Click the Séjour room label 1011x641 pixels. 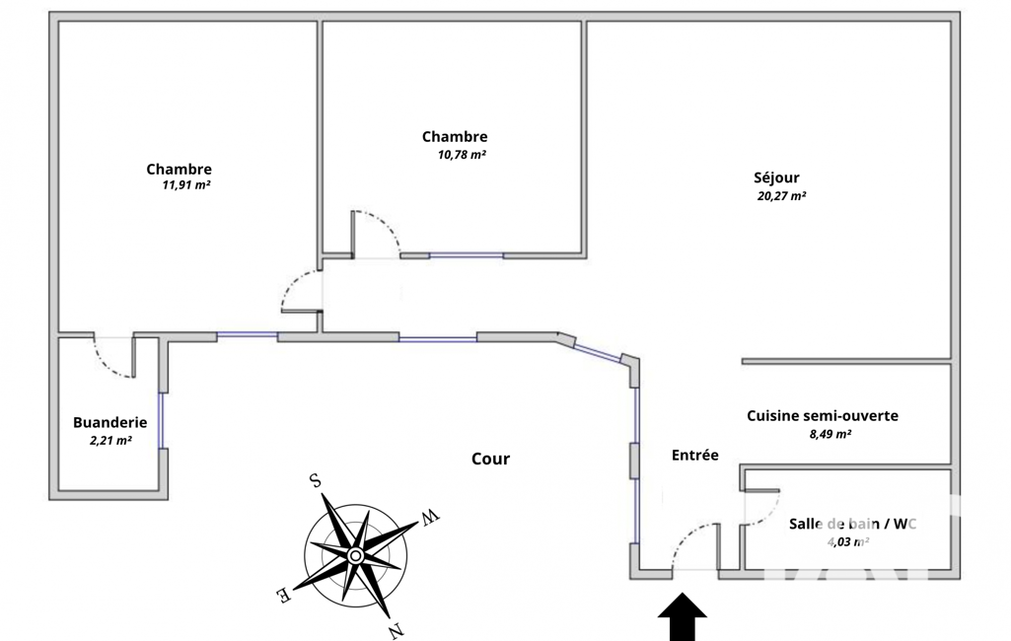[776, 178]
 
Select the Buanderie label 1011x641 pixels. [109, 422]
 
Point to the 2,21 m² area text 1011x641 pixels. [110, 441]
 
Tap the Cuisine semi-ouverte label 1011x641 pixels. [823, 416]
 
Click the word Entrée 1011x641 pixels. [694, 456]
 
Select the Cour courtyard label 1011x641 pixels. [490, 459]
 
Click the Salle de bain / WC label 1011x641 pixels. [852, 524]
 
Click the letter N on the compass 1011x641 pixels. [395, 631]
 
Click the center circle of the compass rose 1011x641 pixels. [355, 556]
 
